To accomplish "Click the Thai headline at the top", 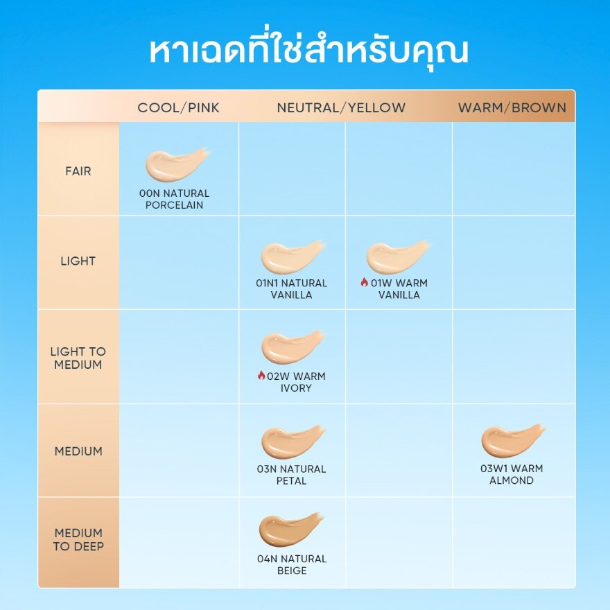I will click(309, 52).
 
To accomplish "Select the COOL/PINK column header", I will click(178, 107).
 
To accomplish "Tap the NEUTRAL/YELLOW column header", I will click(341, 107).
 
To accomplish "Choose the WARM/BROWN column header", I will click(512, 107).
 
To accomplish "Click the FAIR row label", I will click(78, 171).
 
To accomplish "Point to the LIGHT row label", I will click(78, 261).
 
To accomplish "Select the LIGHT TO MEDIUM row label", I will click(78, 358).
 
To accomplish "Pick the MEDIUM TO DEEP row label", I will click(78, 540).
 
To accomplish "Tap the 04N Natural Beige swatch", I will click(290, 530).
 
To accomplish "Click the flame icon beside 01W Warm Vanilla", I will click(363, 282).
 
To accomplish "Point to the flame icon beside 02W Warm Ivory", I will click(261, 376).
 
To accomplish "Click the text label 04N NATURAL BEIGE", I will click(291, 565).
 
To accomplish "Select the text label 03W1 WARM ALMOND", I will click(512, 474).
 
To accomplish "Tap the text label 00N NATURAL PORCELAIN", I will click(175, 199).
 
